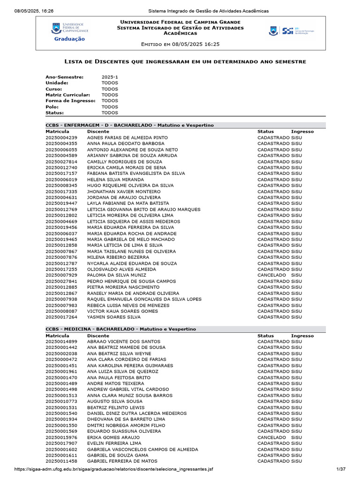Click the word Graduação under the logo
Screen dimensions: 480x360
pyautogui.click(x=69, y=39)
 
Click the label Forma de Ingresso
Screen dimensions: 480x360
pyautogui.click(x=70, y=101)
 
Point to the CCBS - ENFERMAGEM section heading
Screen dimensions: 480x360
pyautogui.click(x=129, y=125)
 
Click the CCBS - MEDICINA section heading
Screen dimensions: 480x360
pyautogui.click(x=120, y=329)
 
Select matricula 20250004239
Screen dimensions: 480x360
pyautogui.click(x=61, y=137)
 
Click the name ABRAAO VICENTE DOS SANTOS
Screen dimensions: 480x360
pyautogui.click(x=123, y=341)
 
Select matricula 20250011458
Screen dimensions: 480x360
pyautogui.click(x=61, y=461)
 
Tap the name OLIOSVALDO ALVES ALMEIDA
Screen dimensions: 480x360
pyautogui.click(x=121, y=270)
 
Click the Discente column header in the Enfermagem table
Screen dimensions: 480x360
pyautogui.click(x=97, y=132)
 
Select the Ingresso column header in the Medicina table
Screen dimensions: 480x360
pyautogui.click(x=302, y=336)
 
